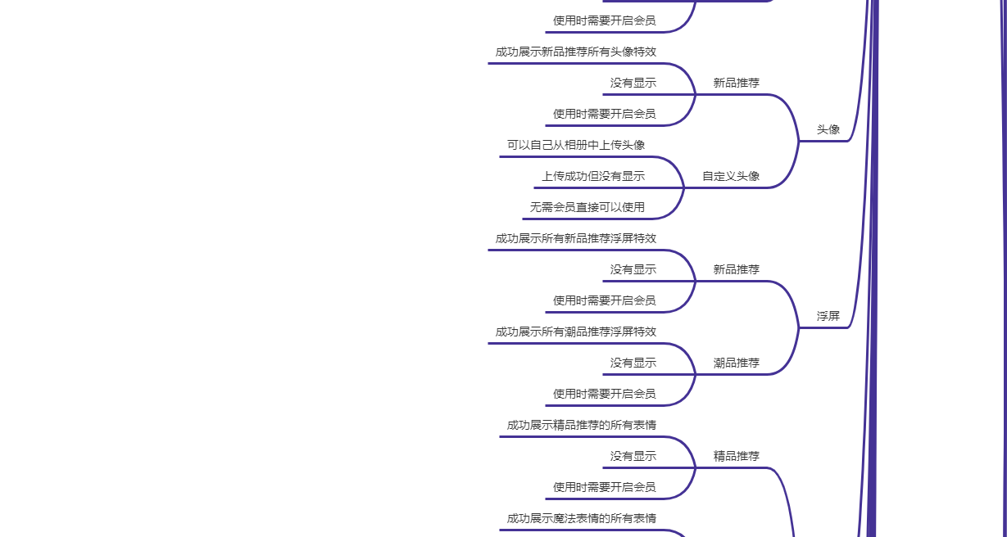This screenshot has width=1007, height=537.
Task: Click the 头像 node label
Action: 828,129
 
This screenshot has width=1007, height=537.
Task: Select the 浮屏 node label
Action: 828,316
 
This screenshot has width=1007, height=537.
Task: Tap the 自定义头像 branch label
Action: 731,176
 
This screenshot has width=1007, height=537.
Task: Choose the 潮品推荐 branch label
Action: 737,363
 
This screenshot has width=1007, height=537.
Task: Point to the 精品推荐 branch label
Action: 737,456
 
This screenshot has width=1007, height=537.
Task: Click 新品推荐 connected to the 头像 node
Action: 737,83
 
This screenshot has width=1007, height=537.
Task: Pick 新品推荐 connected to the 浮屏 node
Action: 737,269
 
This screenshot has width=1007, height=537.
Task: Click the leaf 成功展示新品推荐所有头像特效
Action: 575,52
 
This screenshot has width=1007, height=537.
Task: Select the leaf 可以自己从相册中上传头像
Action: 575,145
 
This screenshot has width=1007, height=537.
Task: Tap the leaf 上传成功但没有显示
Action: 592,176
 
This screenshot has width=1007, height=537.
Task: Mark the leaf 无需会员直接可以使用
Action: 587,207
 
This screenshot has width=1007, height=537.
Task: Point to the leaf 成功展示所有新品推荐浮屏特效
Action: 575,238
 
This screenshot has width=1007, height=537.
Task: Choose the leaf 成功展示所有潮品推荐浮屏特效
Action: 575,332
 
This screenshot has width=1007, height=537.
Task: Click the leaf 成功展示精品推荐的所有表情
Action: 581,425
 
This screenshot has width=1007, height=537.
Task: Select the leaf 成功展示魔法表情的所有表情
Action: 581,518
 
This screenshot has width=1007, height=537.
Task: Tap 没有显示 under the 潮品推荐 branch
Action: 633,363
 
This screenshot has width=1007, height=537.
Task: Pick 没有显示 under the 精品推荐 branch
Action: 633,456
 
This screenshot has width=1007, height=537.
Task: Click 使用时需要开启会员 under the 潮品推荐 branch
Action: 604,394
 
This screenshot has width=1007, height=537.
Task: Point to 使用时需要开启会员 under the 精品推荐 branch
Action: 604,487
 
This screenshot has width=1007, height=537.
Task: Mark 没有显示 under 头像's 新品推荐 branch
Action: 633,83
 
